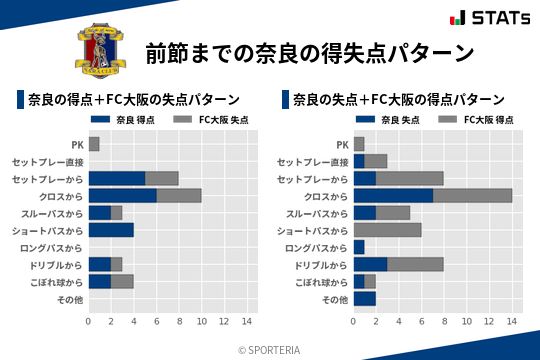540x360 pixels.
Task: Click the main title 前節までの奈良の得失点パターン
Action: tap(308, 52)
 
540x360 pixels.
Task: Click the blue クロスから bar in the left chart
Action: tap(122, 196)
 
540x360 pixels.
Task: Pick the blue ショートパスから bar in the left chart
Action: tap(111, 230)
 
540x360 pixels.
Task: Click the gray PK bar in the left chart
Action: tap(94, 145)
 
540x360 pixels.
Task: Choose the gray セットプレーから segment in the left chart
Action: tap(162, 179)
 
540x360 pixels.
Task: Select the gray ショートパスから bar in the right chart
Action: tap(387, 230)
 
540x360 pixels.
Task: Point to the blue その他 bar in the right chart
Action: tap(364, 298)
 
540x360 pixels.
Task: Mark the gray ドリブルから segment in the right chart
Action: tap(415, 264)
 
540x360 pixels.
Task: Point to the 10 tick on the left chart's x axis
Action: tap(201, 322)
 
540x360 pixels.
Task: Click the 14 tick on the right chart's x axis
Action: tap(512, 322)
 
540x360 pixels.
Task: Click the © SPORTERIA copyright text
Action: tap(270, 349)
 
